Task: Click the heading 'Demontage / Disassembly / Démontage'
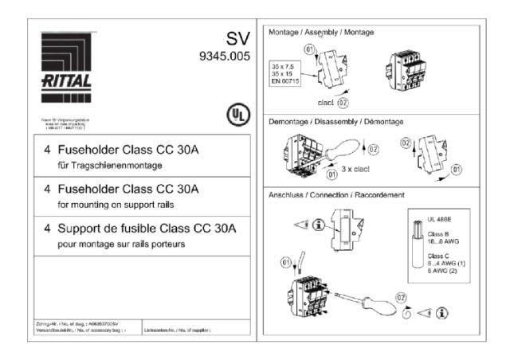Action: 335,121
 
